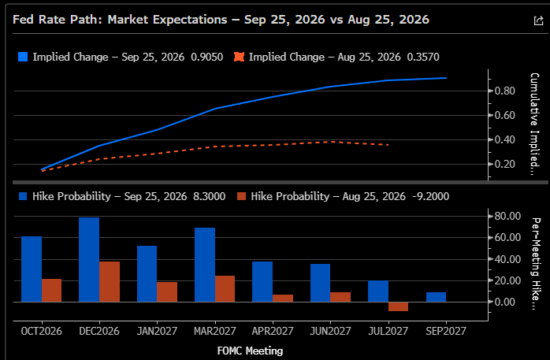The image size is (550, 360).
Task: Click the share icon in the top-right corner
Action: click(538, 20)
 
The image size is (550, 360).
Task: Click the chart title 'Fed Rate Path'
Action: click(58, 20)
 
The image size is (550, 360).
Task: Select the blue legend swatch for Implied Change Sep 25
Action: click(23, 57)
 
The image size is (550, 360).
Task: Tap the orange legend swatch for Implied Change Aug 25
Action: click(239, 57)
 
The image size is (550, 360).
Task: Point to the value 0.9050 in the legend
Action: click(207, 57)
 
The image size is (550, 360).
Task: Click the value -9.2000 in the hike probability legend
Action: click(431, 196)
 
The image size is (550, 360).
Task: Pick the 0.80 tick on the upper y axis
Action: click(505, 91)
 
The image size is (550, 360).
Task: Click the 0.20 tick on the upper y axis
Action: click(505, 164)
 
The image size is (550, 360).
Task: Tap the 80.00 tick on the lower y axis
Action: click(507, 217)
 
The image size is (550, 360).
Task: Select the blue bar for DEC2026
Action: click(89, 260)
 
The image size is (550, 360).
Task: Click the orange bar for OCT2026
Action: click(51, 291)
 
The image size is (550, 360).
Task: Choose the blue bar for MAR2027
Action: click(205, 265)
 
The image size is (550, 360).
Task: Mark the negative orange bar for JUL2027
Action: click(399, 306)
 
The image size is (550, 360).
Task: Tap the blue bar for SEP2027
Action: click(436, 297)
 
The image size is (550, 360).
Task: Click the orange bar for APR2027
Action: click(283, 299)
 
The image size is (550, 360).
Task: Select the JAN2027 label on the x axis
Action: click(157, 332)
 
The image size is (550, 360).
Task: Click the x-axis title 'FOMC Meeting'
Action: click(250, 351)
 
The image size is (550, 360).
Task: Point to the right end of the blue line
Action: click(446, 78)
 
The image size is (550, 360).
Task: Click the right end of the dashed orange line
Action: click(388, 145)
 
